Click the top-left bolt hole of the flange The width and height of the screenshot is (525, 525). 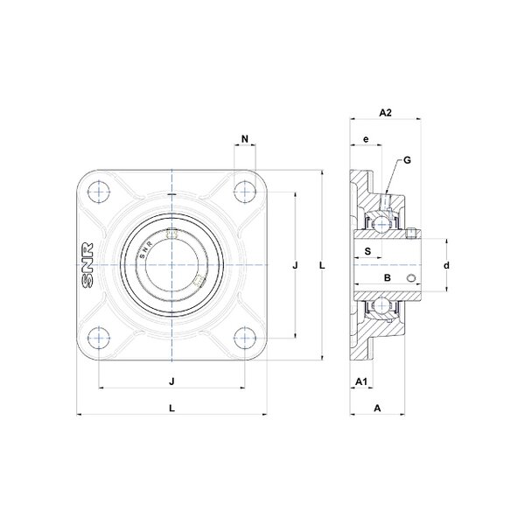pyautogui.click(x=99, y=192)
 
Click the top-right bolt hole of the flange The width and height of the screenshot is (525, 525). pyautogui.click(x=245, y=192)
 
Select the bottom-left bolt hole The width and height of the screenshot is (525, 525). pyautogui.click(x=99, y=338)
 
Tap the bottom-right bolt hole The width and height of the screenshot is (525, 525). pyautogui.click(x=245, y=338)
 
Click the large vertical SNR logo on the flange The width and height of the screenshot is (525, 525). pyautogui.click(x=87, y=265)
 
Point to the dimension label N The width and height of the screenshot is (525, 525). pyautogui.click(x=245, y=138)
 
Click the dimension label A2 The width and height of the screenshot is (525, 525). pyautogui.click(x=385, y=113)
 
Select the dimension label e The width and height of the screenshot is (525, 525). pyautogui.click(x=366, y=139)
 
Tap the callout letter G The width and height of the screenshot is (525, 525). pyautogui.click(x=407, y=160)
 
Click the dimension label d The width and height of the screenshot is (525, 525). pyautogui.click(x=446, y=265)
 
